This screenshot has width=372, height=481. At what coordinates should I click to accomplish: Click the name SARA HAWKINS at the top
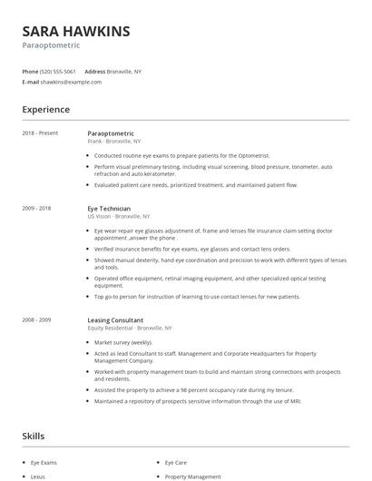click(x=76, y=31)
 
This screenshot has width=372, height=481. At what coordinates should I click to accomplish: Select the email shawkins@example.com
click(x=71, y=82)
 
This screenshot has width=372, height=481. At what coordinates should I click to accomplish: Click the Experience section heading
click(x=46, y=110)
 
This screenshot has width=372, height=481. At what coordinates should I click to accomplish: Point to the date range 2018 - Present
click(x=40, y=133)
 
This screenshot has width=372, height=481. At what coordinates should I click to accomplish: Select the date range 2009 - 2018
click(x=37, y=209)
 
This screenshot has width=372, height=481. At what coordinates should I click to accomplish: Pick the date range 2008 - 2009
click(x=37, y=319)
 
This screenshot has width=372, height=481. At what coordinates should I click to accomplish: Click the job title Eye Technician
click(x=109, y=209)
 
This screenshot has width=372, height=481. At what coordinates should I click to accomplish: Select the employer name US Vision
click(x=99, y=217)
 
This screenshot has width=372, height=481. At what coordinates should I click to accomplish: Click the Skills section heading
click(x=34, y=437)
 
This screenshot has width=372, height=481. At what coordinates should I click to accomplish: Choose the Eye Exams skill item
click(x=44, y=463)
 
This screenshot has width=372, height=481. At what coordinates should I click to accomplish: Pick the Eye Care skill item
click(x=176, y=463)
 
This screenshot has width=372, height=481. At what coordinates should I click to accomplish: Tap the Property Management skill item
click(x=192, y=476)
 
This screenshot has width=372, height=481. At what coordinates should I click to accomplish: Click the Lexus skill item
click(x=38, y=476)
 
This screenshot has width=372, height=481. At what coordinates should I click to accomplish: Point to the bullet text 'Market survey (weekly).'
click(x=123, y=342)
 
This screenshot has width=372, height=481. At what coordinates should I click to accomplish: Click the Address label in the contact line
click(x=94, y=71)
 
